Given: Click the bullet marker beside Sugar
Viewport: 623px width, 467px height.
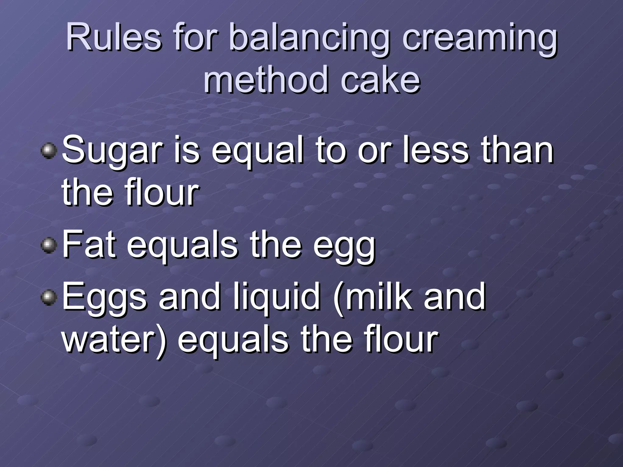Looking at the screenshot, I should [49, 151].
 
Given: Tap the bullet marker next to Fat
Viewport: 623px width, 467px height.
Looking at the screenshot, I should [49, 245].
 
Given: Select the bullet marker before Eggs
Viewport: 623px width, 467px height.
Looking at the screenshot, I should [49, 297].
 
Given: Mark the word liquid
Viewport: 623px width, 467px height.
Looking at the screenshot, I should [277, 297].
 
